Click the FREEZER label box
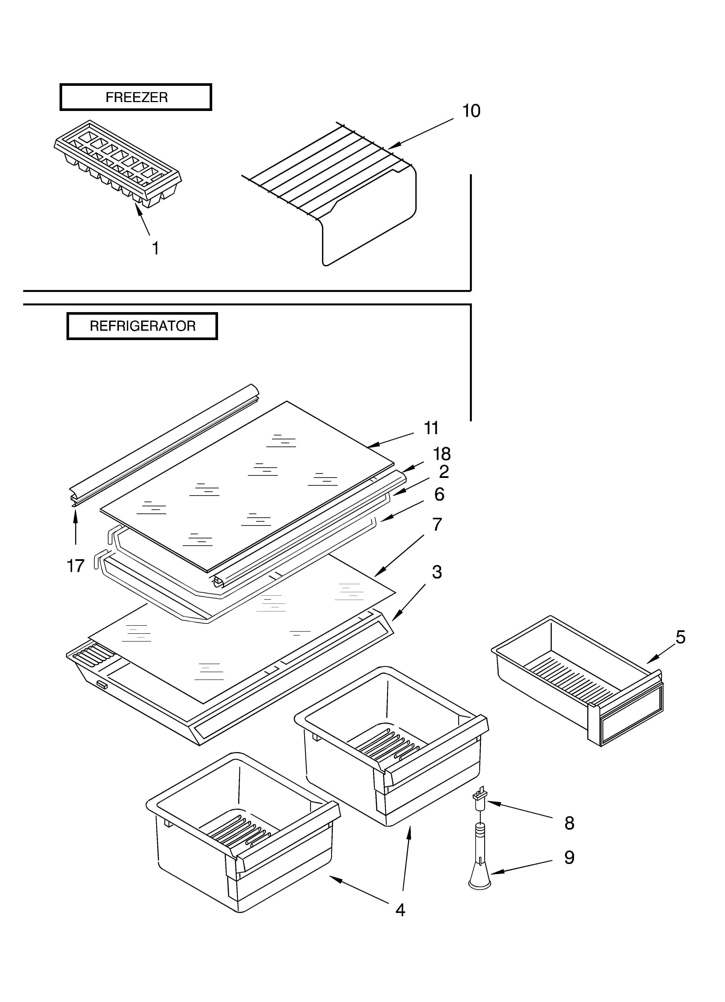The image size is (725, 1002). click(136, 97)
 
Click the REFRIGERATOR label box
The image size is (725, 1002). click(142, 326)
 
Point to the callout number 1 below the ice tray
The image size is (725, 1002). click(155, 248)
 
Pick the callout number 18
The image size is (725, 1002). click(442, 454)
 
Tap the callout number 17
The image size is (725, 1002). click(76, 566)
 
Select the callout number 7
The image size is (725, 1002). click(437, 525)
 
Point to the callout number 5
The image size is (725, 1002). click(680, 637)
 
